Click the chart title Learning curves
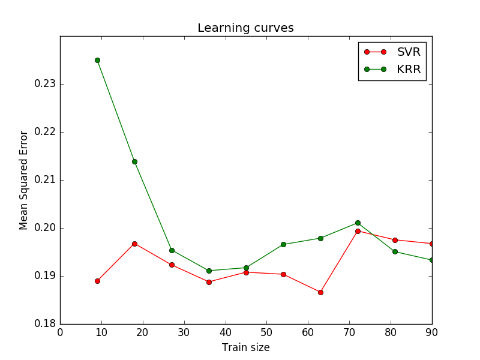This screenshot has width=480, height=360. pyautogui.click(x=245, y=28)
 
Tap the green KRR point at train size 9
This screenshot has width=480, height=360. pyautogui.click(x=97, y=60)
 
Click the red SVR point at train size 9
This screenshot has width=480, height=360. pyautogui.click(x=97, y=281)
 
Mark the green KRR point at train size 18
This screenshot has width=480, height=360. pyautogui.click(x=134, y=161)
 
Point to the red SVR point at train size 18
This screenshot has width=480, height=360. pyautogui.click(x=134, y=244)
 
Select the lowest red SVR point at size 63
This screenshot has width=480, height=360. pyautogui.click(x=320, y=292)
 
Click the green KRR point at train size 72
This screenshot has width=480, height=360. pyautogui.click(x=358, y=223)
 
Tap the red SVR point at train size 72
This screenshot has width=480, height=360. pyautogui.click(x=358, y=231)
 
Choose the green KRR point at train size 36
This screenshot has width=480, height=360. pyautogui.click(x=209, y=271)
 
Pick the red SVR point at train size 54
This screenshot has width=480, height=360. pyautogui.click(x=283, y=274)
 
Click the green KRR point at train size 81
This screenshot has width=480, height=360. pyautogui.click(x=395, y=251)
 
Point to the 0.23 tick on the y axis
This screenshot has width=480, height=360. pyautogui.click(x=44, y=84)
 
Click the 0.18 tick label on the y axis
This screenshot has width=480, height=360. pyautogui.click(x=44, y=324)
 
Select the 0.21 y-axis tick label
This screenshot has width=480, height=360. pyautogui.click(x=44, y=180)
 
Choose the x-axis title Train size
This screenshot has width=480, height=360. pyautogui.click(x=245, y=347)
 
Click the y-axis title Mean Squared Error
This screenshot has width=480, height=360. pyautogui.click(x=24, y=180)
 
